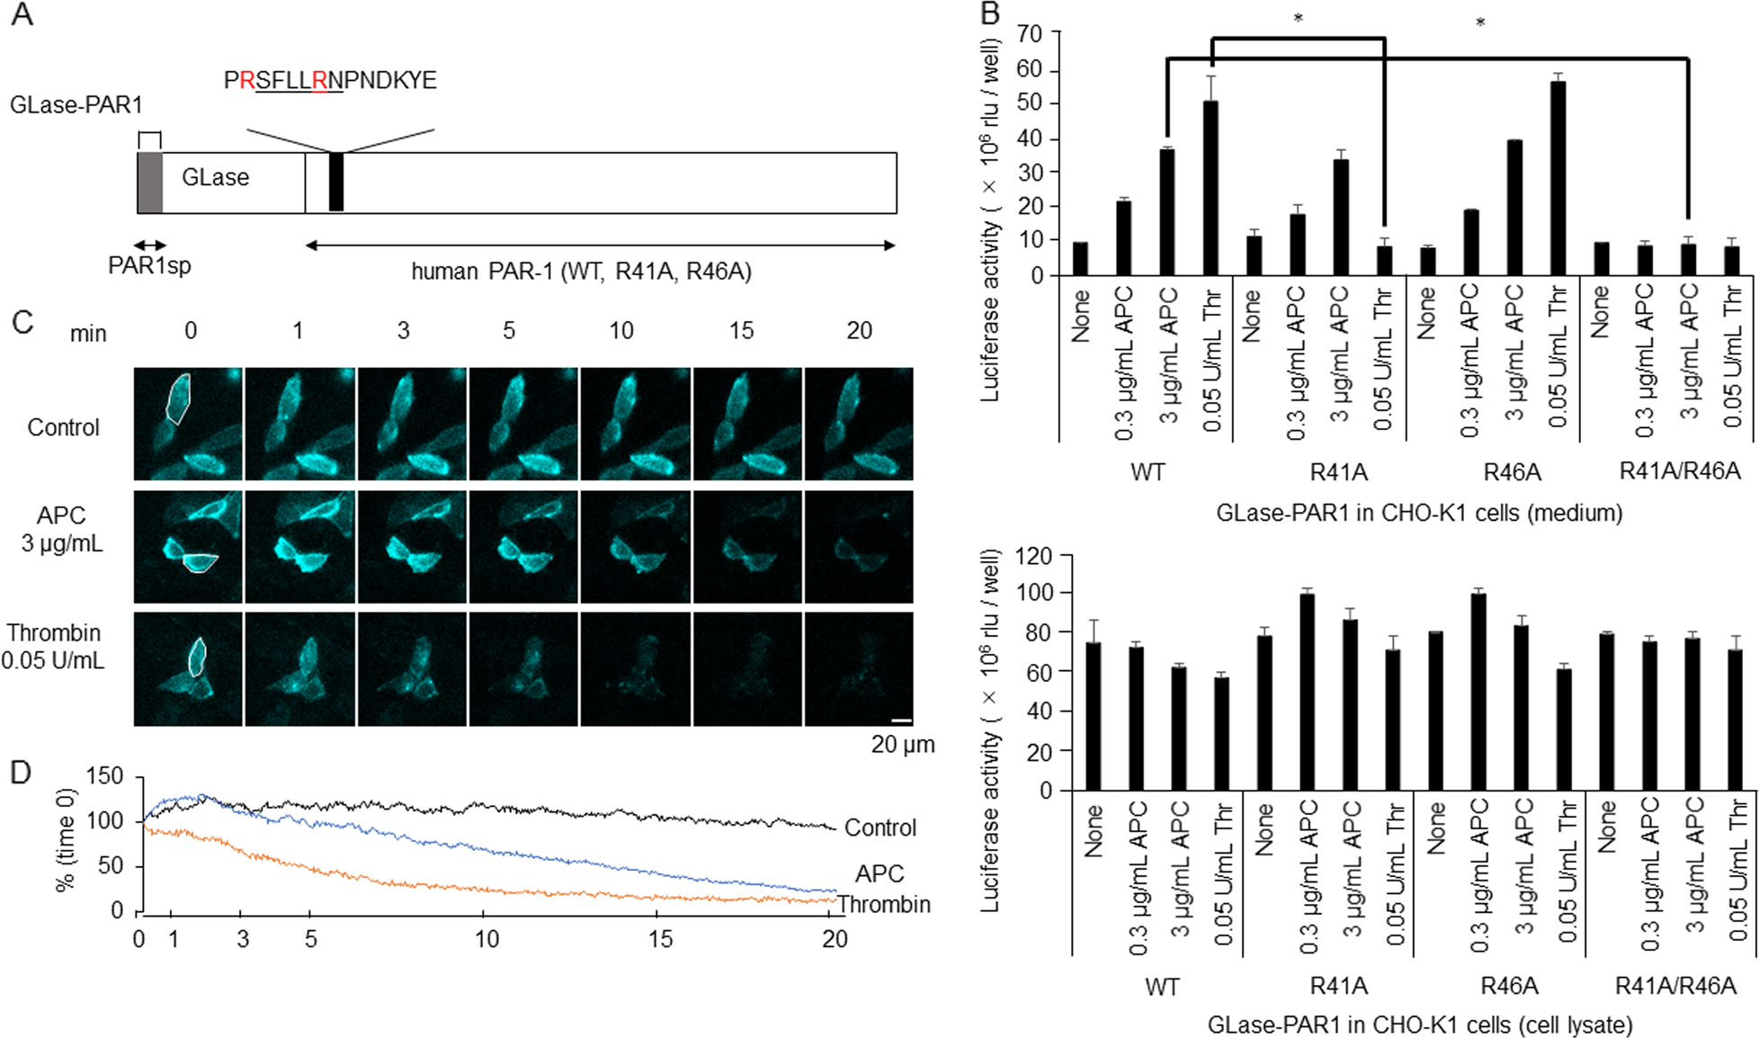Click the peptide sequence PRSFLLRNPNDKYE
point(329,80)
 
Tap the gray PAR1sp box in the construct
point(149,183)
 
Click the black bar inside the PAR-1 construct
point(335,182)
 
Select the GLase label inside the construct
point(215,177)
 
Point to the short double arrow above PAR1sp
point(149,246)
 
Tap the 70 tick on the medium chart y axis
point(1030,34)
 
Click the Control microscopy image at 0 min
point(188,424)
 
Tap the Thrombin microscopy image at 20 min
point(858,668)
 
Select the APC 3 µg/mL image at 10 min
point(635,546)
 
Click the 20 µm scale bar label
point(902,745)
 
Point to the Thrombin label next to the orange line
point(884,904)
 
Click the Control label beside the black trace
point(879,828)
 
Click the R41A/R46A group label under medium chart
point(1679,471)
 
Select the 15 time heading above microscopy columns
point(741,331)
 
